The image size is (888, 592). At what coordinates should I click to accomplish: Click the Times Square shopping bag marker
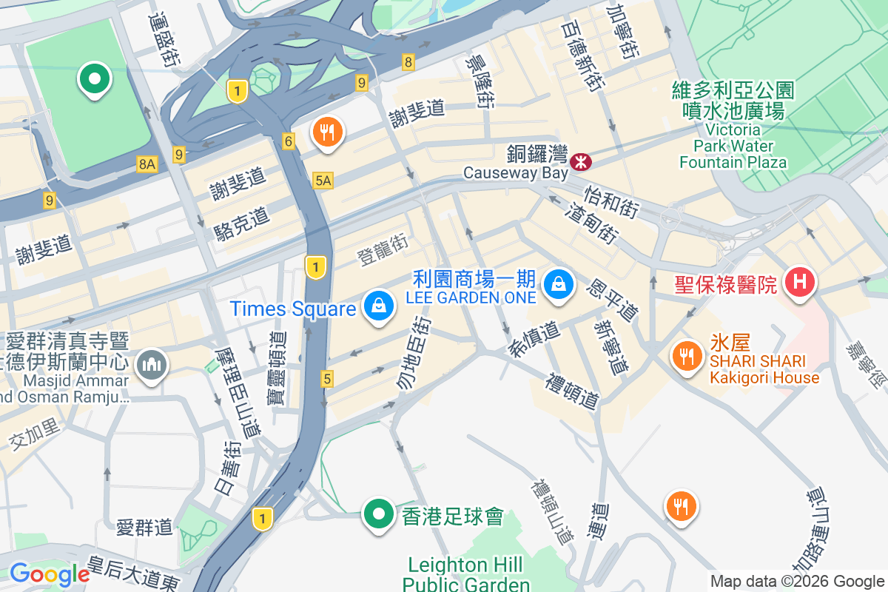[378, 306]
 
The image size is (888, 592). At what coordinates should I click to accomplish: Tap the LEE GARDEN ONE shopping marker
[559, 285]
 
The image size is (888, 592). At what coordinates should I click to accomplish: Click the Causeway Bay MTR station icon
[580, 160]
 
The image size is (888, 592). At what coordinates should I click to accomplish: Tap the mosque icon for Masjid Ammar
[152, 365]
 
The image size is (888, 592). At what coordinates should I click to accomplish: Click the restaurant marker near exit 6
[326, 132]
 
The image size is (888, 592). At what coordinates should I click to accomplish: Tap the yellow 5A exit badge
[323, 180]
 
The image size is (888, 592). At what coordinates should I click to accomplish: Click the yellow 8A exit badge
[147, 164]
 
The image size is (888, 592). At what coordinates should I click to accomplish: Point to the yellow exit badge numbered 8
[408, 62]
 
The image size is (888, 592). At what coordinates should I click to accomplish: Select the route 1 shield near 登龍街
[316, 267]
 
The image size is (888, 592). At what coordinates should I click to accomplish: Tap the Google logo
[49, 574]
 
